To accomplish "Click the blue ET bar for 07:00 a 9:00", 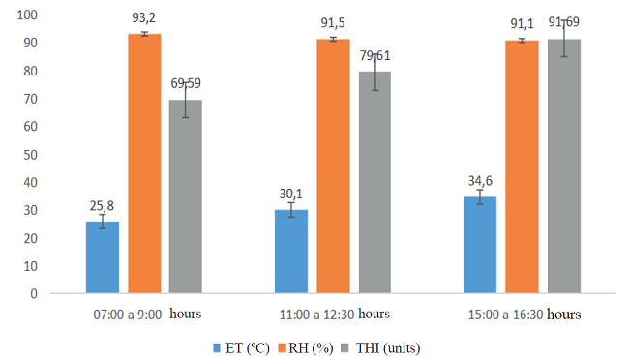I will click(x=103, y=256).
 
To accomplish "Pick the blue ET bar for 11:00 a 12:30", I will click(x=291, y=251).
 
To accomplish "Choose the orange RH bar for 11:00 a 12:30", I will click(x=333, y=165).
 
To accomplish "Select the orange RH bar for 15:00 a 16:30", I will click(x=522, y=165).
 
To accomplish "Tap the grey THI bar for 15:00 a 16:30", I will click(x=563, y=165).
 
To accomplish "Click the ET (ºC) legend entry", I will click(x=242, y=346).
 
